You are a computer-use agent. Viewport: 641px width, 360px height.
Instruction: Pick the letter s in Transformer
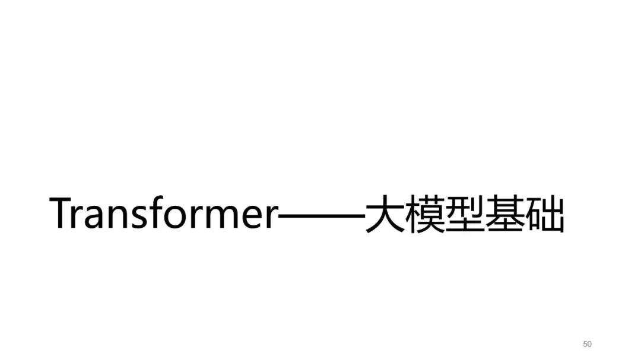click(x=140, y=218)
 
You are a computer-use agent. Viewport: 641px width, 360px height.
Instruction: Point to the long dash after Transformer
click(x=322, y=215)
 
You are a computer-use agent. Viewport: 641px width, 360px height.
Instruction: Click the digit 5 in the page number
click(x=585, y=344)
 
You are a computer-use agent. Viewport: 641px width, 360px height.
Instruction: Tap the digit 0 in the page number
click(x=589, y=344)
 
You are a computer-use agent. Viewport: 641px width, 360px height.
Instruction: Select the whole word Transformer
click(x=164, y=212)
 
